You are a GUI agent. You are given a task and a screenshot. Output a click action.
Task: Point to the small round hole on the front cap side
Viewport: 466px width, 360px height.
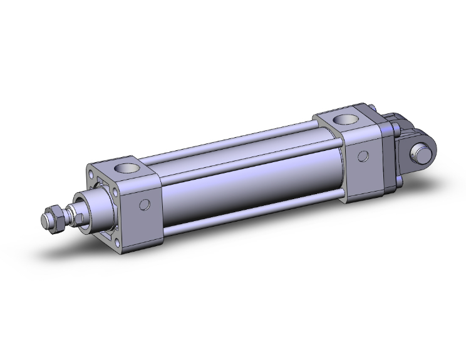point(145,204)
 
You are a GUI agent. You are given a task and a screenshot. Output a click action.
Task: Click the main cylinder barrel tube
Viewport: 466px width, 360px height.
point(251,182)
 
